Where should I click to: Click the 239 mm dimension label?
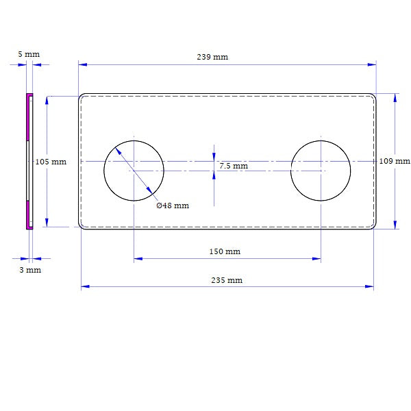212,57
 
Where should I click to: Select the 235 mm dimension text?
226,280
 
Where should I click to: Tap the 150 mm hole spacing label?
225,251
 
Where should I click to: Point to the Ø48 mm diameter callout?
173,206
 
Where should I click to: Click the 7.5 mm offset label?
234,166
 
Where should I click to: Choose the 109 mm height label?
395,161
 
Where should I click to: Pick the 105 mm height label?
51,162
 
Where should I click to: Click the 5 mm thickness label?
29,53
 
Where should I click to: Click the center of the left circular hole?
134,171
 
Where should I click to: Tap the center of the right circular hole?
321,171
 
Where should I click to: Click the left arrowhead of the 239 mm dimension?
83,64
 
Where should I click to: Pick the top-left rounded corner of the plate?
82,97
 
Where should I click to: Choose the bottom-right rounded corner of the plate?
373,226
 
